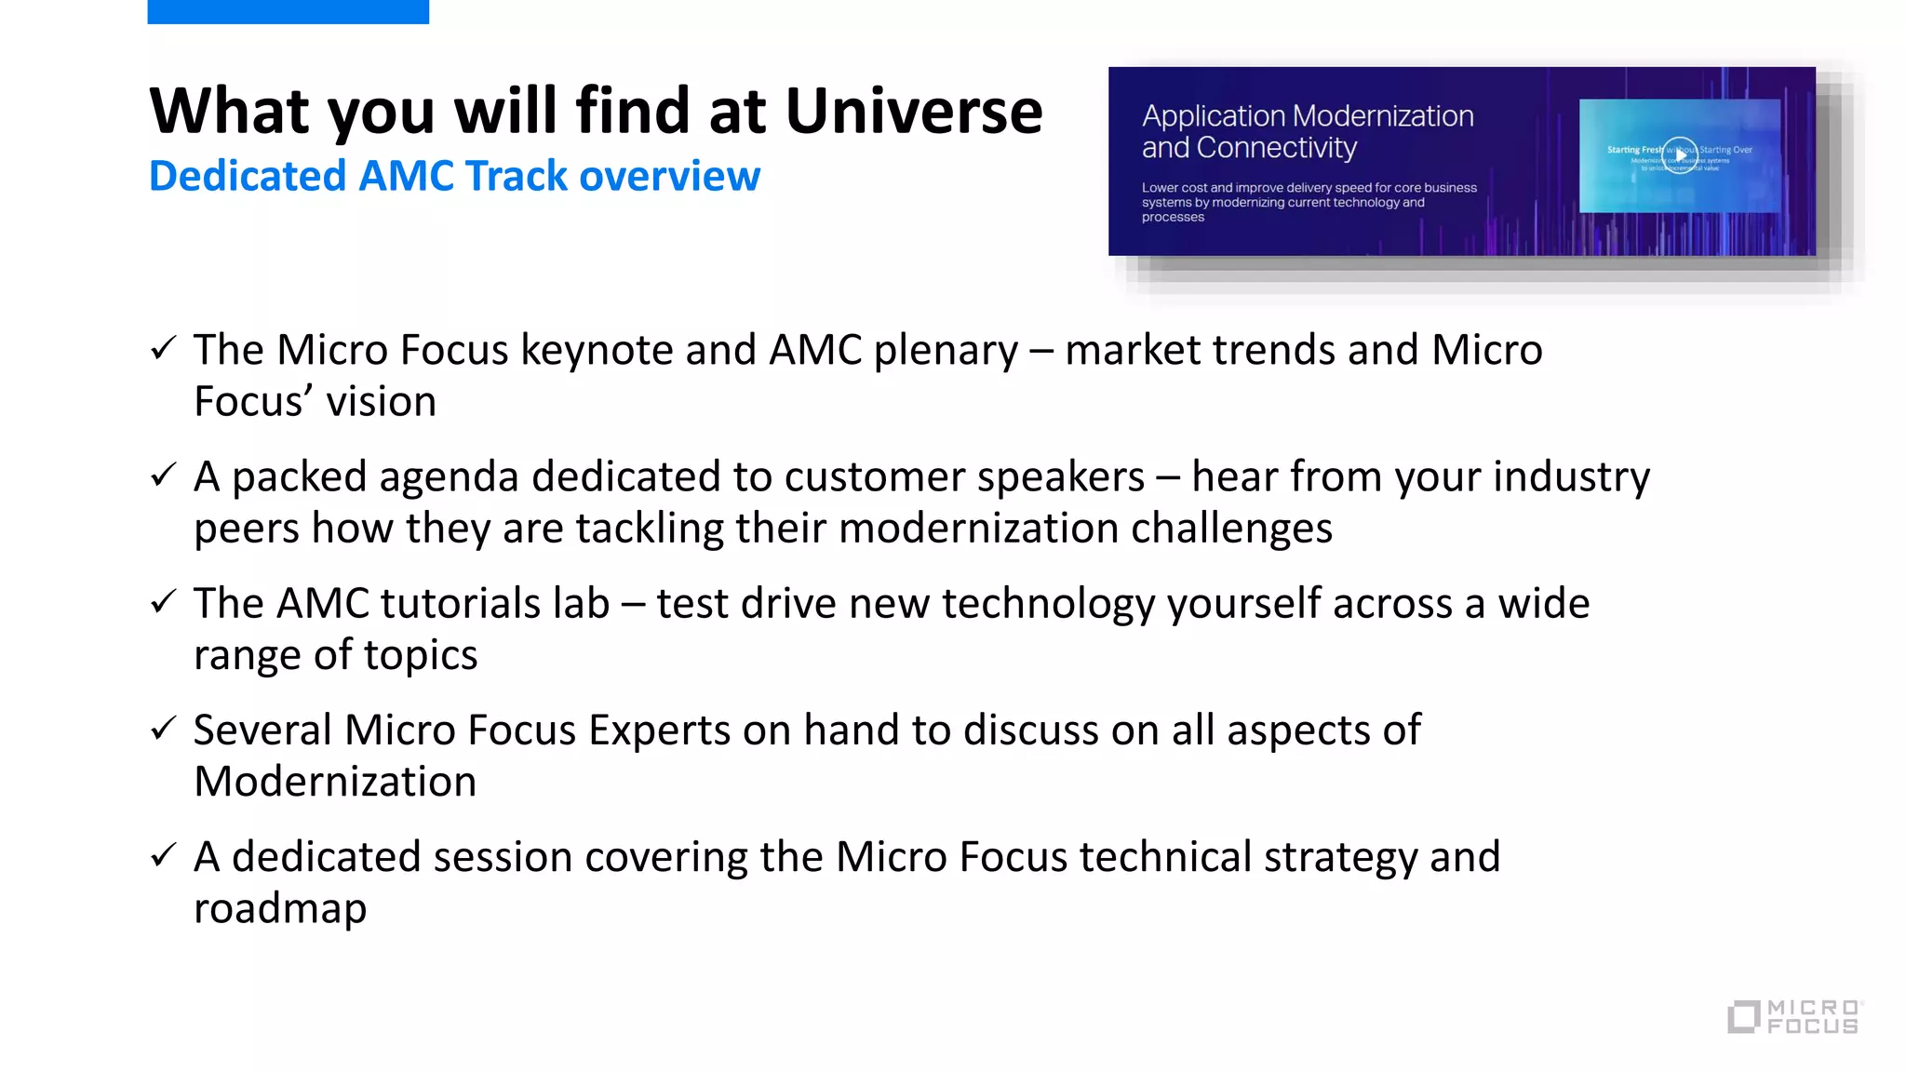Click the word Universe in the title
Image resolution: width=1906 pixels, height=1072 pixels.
coord(913,112)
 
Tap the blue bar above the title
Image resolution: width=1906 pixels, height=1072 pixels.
coord(288,11)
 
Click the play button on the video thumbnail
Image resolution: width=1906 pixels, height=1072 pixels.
coord(1680,155)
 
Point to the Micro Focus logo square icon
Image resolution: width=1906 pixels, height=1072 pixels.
coord(1743,1016)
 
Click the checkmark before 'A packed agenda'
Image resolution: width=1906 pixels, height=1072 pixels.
coord(163,476)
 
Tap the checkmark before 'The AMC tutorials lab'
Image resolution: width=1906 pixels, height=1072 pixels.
coord(163,602)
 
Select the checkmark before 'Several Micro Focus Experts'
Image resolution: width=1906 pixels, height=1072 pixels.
coord(163,729)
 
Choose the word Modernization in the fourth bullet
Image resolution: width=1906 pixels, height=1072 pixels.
coord(335,782)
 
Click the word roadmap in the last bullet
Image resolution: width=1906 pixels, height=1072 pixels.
coord(280,909)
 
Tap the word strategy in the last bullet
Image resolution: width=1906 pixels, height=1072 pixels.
coord(1340,858)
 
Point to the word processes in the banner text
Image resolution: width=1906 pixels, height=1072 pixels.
coord(1173,218)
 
